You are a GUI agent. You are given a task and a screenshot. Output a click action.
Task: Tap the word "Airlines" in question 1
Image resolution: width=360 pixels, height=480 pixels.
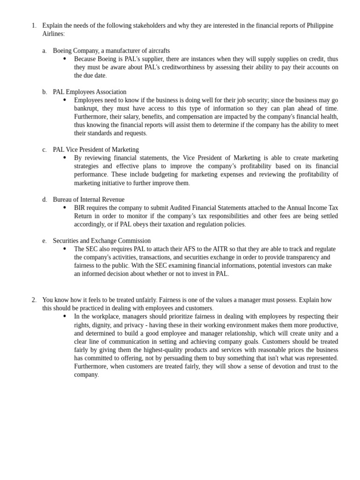pos(53,34)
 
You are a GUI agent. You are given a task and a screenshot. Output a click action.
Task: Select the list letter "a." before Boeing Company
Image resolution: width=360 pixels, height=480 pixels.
pos(45,51)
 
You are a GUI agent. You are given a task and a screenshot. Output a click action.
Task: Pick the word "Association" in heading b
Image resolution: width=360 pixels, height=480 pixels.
pos(110,92)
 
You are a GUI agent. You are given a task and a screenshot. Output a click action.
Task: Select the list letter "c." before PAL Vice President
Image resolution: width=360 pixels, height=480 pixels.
pos(45,150)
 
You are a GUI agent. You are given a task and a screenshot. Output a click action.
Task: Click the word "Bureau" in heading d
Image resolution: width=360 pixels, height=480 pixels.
pos(63,200)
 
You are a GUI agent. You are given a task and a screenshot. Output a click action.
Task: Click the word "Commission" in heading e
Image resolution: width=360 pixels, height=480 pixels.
pos(134,241)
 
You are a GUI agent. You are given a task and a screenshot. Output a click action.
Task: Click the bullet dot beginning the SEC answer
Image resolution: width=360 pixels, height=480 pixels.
pos(65,249)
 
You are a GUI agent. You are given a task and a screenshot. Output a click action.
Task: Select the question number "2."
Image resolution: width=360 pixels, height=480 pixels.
pos(34,300)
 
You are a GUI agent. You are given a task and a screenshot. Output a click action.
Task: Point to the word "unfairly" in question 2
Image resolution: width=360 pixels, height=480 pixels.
pos(144,300)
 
